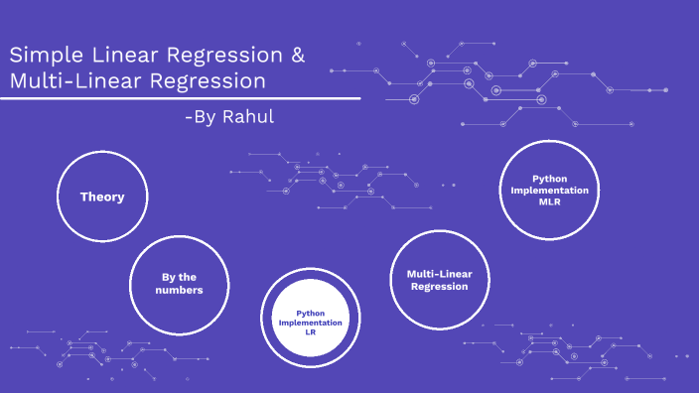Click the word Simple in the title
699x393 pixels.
[45, 56]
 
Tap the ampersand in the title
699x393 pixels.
[298, 56]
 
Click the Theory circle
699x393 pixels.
[102, 196]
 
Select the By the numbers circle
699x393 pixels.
[181, 283]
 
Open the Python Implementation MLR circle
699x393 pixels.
[549, 190]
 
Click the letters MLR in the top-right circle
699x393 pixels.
[549, 201]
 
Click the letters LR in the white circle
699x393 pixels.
[310, 332]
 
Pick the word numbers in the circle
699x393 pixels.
[181, 290]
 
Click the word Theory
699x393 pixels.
[102, 196]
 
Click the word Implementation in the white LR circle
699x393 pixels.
[310, 323]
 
